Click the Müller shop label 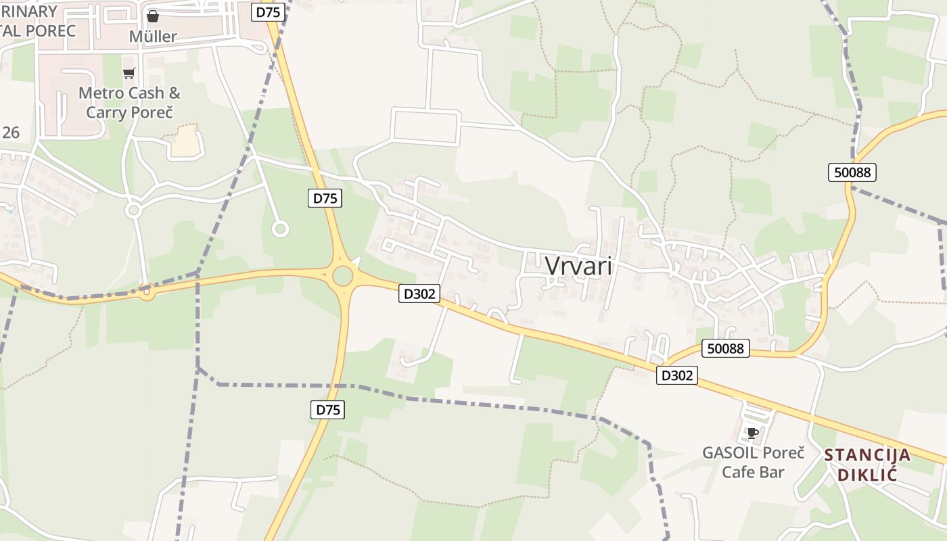click(153, 37)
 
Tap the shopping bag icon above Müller click(153, 16)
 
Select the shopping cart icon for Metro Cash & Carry click(129, 73)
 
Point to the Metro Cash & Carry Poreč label click(129, 102)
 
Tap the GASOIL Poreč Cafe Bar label click(753, 462)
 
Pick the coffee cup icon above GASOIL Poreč click(752, 433)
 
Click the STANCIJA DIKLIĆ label click(868, 464)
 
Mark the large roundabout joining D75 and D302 click(343, 275)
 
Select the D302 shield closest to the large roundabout click(419, 293)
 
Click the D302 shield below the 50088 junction click(676, 375)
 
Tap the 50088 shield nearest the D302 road click(726, 348)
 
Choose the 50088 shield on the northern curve click(852, 172)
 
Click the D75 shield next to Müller click(268, 12)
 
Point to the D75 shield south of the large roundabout click(328, 409)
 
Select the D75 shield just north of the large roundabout click(325, 198)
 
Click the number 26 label click(11, 133)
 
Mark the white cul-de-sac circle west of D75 click(280, 229)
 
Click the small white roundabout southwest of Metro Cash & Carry click(133, 210)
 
